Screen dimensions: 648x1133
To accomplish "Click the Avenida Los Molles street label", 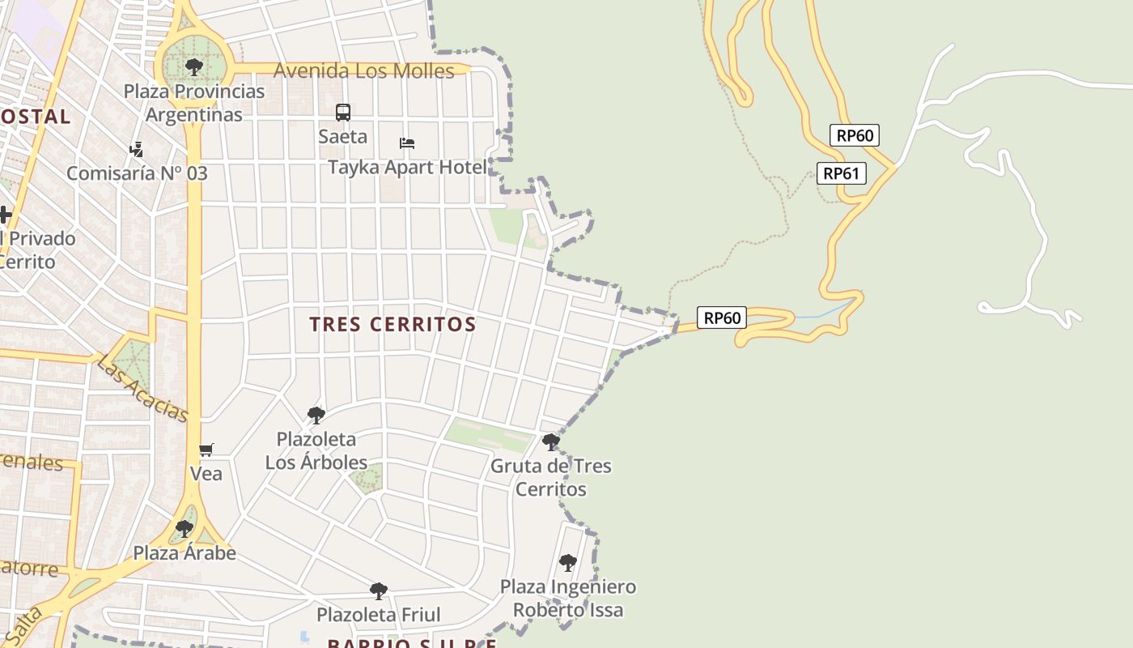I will pos(364,71).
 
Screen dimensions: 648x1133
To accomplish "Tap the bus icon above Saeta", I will pos(343,113).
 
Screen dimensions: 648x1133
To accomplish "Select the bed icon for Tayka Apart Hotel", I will pos(407,143).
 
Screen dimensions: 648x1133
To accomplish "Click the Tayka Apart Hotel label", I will pos(408,168).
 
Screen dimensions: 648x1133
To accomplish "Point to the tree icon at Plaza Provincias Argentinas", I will pos(193,67).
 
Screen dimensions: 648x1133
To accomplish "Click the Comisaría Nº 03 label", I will pos(137,173).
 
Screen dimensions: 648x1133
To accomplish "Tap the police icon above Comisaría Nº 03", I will pos(136,149).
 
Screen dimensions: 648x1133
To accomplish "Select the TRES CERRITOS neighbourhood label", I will pos(393,324).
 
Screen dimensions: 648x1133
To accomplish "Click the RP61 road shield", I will pos(841,173).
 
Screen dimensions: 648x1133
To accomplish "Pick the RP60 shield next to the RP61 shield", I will pos(855,135).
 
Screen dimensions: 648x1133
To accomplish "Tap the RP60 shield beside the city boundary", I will pos(721,318).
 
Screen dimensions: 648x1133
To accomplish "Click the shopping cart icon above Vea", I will pos(206,450).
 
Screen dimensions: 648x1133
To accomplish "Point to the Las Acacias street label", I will pos(142,388).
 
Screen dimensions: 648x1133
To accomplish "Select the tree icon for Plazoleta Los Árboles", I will pos(316,416).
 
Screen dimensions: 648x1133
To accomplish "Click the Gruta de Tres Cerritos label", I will pos(551,477).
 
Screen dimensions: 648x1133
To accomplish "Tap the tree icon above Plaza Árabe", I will pos(185,529).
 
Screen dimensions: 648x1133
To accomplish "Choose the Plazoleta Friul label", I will pos(379,615).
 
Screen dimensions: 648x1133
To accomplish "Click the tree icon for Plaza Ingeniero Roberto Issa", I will pos(568,562).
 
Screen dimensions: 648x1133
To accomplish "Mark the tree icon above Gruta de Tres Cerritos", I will pos(551,442).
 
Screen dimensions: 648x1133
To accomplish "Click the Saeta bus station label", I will pos(343,136).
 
